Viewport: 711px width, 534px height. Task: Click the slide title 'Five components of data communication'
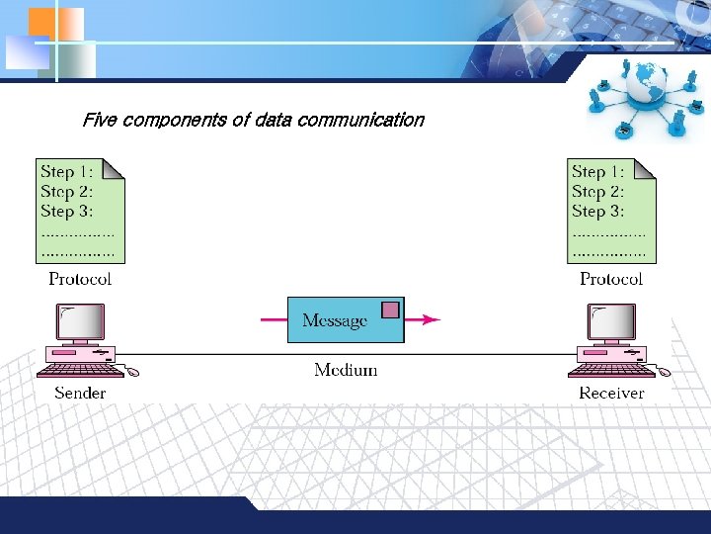(x=253, y=121)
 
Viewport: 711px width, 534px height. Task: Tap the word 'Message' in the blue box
(x=334, y=320)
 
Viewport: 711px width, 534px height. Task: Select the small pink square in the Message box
(x=390, y=310)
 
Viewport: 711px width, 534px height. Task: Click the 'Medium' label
(x=346, y=370)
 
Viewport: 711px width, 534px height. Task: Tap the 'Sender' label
(x=80, y=393)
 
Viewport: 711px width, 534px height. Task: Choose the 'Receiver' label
(x=611, y=393)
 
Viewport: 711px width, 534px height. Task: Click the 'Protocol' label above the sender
(x=80, y=279)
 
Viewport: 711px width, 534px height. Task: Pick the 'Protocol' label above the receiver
(x=611, y=279)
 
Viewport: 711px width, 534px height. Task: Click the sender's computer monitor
(x=81, y=322)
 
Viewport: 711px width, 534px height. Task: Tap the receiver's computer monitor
(x=612, y=322)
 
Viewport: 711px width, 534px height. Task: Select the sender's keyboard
(x=78, y=370)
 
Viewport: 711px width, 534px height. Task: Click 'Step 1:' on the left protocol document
(x=67, y=172)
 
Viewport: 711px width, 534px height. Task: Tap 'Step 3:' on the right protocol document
(x=597, y=211)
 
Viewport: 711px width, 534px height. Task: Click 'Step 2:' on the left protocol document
(x=67, y=191)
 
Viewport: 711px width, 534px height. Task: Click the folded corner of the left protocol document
(x=116, y=169)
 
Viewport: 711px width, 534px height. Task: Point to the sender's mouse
(x=132, y=372)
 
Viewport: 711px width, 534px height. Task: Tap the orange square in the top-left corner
(x=42, y=22)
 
